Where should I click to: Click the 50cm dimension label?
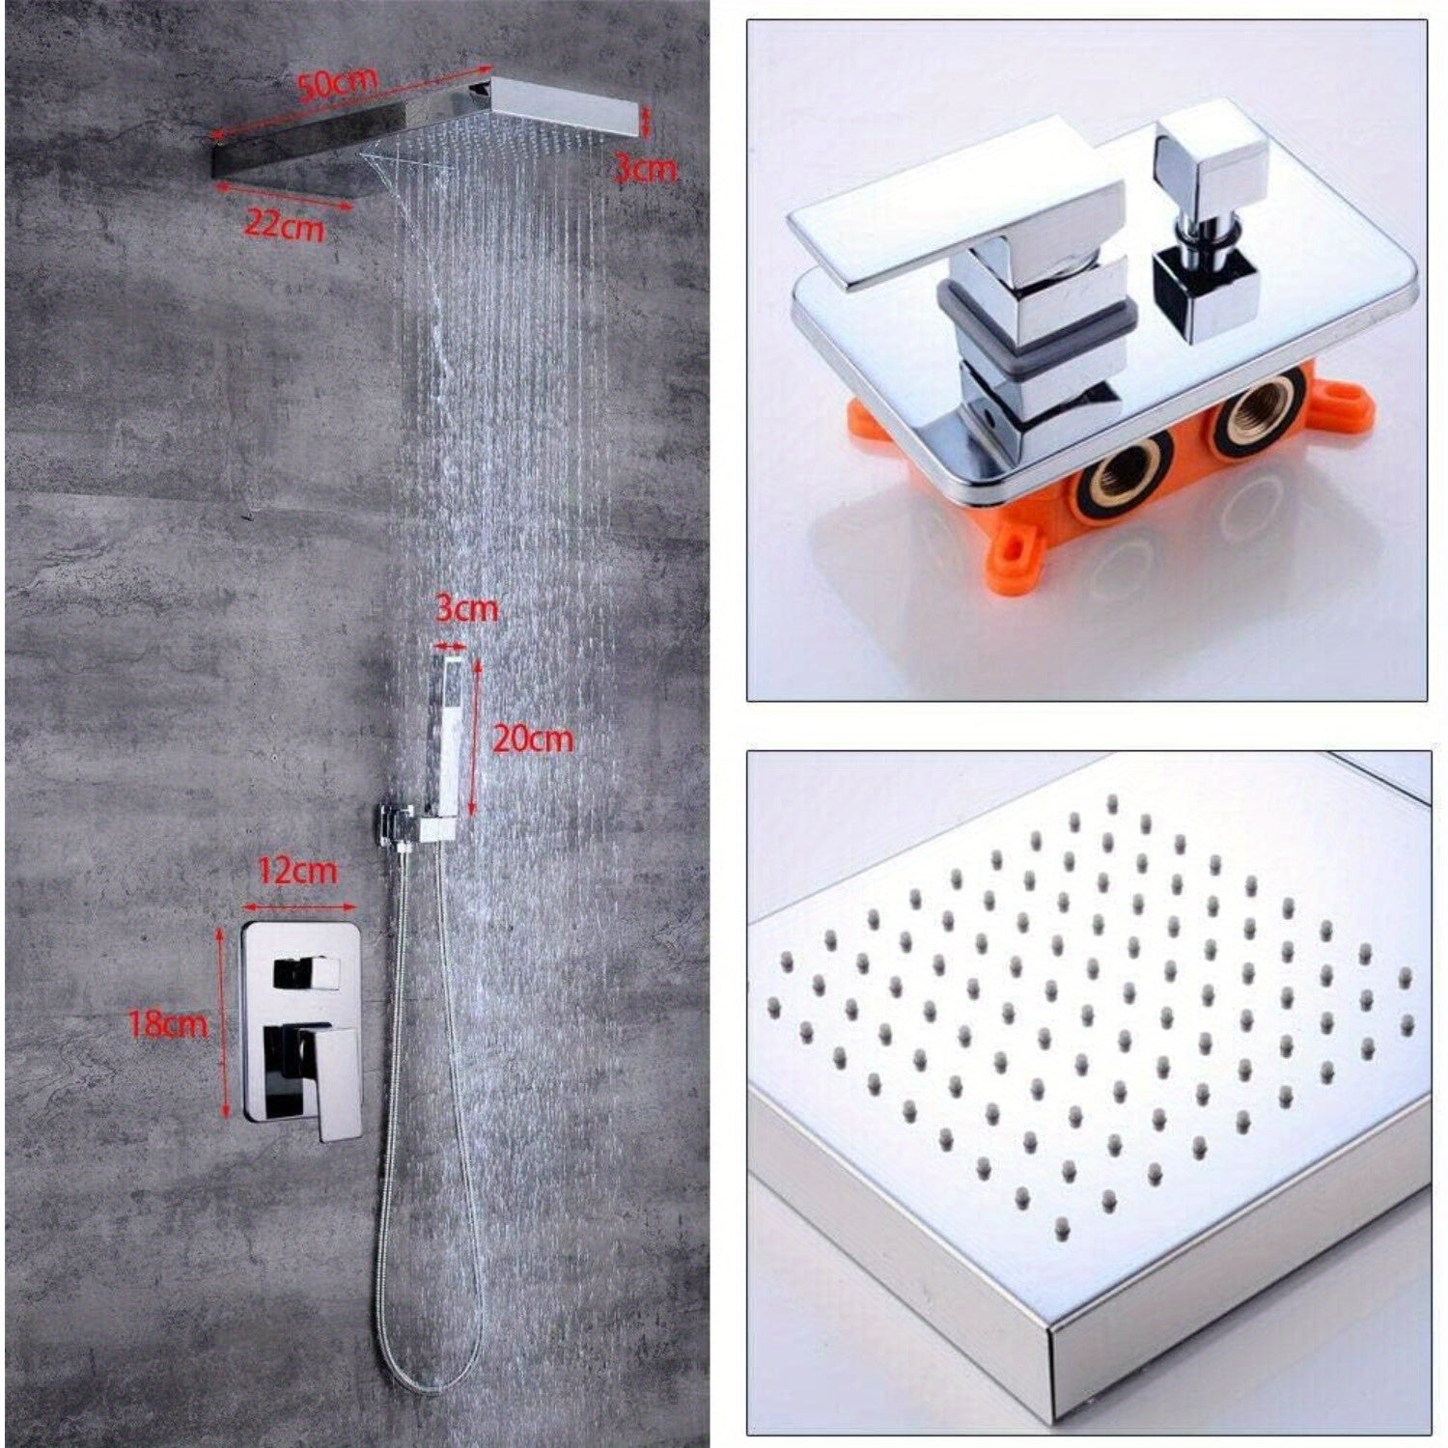tap(337, 83)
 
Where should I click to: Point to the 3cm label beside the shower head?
tap(646, 169)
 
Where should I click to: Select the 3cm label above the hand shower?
tap(466, 609)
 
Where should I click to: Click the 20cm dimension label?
tap(533, 738)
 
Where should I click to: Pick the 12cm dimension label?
tap(298, 871)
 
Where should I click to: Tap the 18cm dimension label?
tap(168, 1023)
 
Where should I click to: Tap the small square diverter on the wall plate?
tap(306, 973)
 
